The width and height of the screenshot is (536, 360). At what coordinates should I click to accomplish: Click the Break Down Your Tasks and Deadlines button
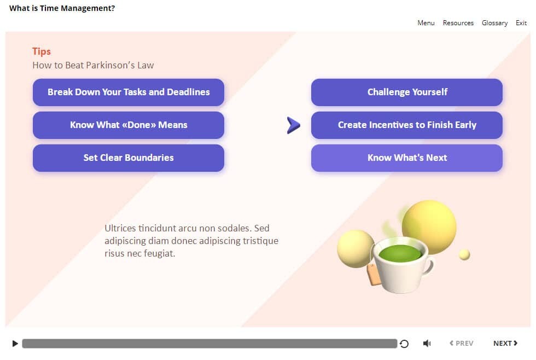point(129,92)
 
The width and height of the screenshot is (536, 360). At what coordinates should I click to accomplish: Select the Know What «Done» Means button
point(129,125)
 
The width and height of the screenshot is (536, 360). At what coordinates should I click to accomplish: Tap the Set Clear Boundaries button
point(129,158)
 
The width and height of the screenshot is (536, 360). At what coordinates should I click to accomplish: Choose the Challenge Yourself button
point(407,92)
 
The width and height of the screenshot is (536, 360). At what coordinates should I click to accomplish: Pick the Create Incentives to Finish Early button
point(407,125)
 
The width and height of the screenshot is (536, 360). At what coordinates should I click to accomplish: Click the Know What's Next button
point(407,158)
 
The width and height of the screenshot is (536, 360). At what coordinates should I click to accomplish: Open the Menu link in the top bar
point(426,23)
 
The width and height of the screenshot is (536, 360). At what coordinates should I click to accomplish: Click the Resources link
point(458,23)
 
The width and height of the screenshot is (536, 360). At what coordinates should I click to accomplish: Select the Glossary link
point(494,23)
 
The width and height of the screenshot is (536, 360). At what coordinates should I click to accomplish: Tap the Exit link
point(521,23)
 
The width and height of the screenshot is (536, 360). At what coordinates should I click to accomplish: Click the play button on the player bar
point(15,344)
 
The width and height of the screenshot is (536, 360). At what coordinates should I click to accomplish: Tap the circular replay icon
point(404,344)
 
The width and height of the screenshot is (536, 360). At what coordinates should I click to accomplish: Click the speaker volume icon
point(427,343)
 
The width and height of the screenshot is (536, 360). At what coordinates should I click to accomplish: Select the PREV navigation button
point(462,343)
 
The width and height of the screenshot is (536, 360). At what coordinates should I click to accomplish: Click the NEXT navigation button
point(505,343)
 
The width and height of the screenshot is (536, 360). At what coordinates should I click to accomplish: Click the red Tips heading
point(42,51)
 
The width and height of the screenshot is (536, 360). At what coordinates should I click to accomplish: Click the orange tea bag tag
point(373,275)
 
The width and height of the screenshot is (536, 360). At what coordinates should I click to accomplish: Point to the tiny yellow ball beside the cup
point(464,255)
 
